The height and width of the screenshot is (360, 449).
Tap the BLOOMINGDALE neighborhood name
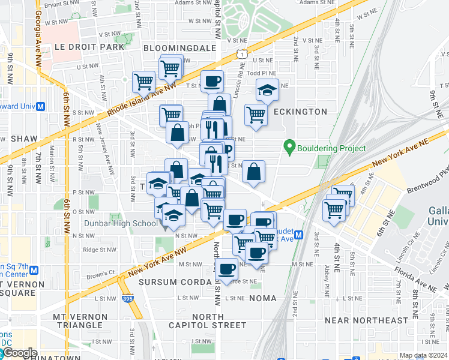[x=179, y=47]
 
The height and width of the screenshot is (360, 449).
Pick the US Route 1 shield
[x=241, y=54]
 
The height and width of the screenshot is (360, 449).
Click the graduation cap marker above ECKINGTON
[x=267, y=90]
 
